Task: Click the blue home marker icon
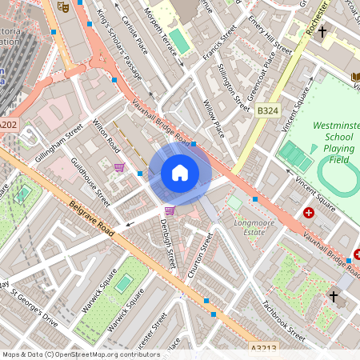pyautogui.click(x=180, y=172)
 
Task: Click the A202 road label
pyautogui.click(x=8, y=125)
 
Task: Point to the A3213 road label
pyautogui.click(x=264, y=348)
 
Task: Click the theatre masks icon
pyautogui.click(x=62, y=6)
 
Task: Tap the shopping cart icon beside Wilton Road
pyautogui.click(x=119, y=167)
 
